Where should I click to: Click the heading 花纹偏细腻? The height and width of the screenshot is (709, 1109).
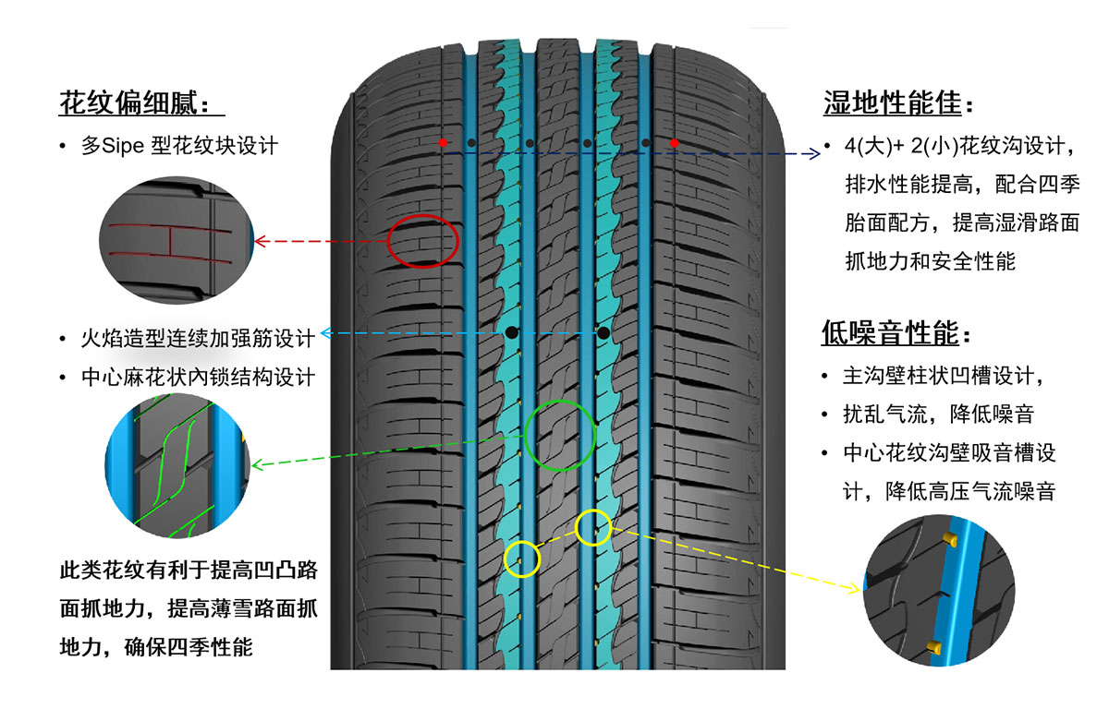click(x=140, y=102)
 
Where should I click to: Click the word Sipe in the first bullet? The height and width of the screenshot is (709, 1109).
click(x=122, y=146)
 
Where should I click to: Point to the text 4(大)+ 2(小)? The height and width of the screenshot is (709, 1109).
click(x=899, y=146)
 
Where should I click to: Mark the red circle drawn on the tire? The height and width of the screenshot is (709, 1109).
click(x=423, y=241)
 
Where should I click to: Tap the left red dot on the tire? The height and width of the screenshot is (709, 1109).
click(x=444, y=143)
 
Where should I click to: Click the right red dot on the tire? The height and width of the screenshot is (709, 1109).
click(x=675, y=143)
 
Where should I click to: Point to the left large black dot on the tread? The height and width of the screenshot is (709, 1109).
click(x=510, y=332)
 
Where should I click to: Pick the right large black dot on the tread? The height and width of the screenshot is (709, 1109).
click(x=603, y=332)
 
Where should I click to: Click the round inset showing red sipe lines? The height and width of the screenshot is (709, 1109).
click(x=177, y=242)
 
